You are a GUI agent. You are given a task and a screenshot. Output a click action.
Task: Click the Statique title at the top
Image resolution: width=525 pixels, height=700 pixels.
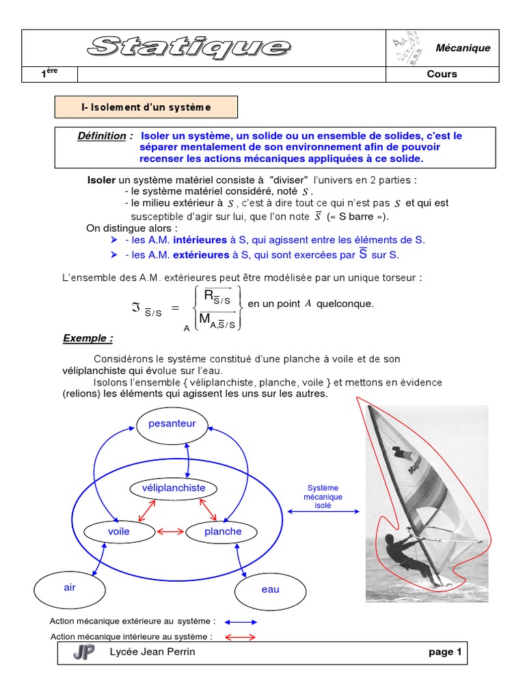(189, 46)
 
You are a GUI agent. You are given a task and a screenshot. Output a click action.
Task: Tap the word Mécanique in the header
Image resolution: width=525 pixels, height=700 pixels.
(463, 48)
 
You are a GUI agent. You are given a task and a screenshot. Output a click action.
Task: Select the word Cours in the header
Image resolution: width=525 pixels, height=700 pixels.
(442, 74)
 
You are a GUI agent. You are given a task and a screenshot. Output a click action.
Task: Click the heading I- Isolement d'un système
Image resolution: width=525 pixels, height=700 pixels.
(146, 107)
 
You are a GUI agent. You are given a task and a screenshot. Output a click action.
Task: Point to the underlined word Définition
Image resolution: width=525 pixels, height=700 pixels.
(102, 136)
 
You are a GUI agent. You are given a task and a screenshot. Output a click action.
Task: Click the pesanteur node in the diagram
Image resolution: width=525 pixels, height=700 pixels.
(172, 424)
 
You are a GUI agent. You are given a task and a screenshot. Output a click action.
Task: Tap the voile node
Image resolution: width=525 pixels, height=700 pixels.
(118, 531)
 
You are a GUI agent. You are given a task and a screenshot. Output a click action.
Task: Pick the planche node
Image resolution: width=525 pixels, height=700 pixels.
(223, 531)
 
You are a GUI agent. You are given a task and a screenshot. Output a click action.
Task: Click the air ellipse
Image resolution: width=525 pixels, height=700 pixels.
(70, 588)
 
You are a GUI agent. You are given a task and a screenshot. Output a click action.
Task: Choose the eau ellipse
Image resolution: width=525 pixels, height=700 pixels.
(270, 589)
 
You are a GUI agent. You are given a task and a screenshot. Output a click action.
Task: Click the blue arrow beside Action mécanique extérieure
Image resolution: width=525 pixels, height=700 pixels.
(241, 622)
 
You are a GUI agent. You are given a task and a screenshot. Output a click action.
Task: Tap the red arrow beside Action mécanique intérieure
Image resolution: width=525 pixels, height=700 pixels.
(240, 637)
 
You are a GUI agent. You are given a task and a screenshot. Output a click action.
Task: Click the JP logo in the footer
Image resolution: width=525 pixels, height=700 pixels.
(84, 653)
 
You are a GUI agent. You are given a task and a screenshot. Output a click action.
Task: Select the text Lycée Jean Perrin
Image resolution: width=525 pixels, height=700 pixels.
(152, 652)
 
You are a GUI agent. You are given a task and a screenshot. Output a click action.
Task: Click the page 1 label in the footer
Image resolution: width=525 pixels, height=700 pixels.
(445, 652)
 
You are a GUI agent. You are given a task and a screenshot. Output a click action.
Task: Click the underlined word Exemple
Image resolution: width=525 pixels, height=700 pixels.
(87, 338)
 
